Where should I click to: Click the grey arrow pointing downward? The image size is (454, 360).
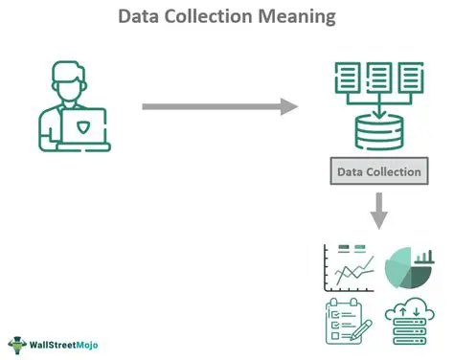coord(379,210)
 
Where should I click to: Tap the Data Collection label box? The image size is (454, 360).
coord(379,172)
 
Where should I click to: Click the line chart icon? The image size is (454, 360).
coord(349,268)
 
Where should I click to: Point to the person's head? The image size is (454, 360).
coord(75,80)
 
